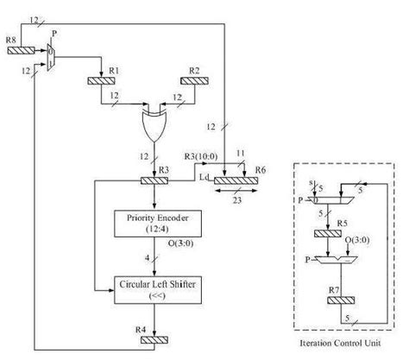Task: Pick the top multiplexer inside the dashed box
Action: pos(332,200)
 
